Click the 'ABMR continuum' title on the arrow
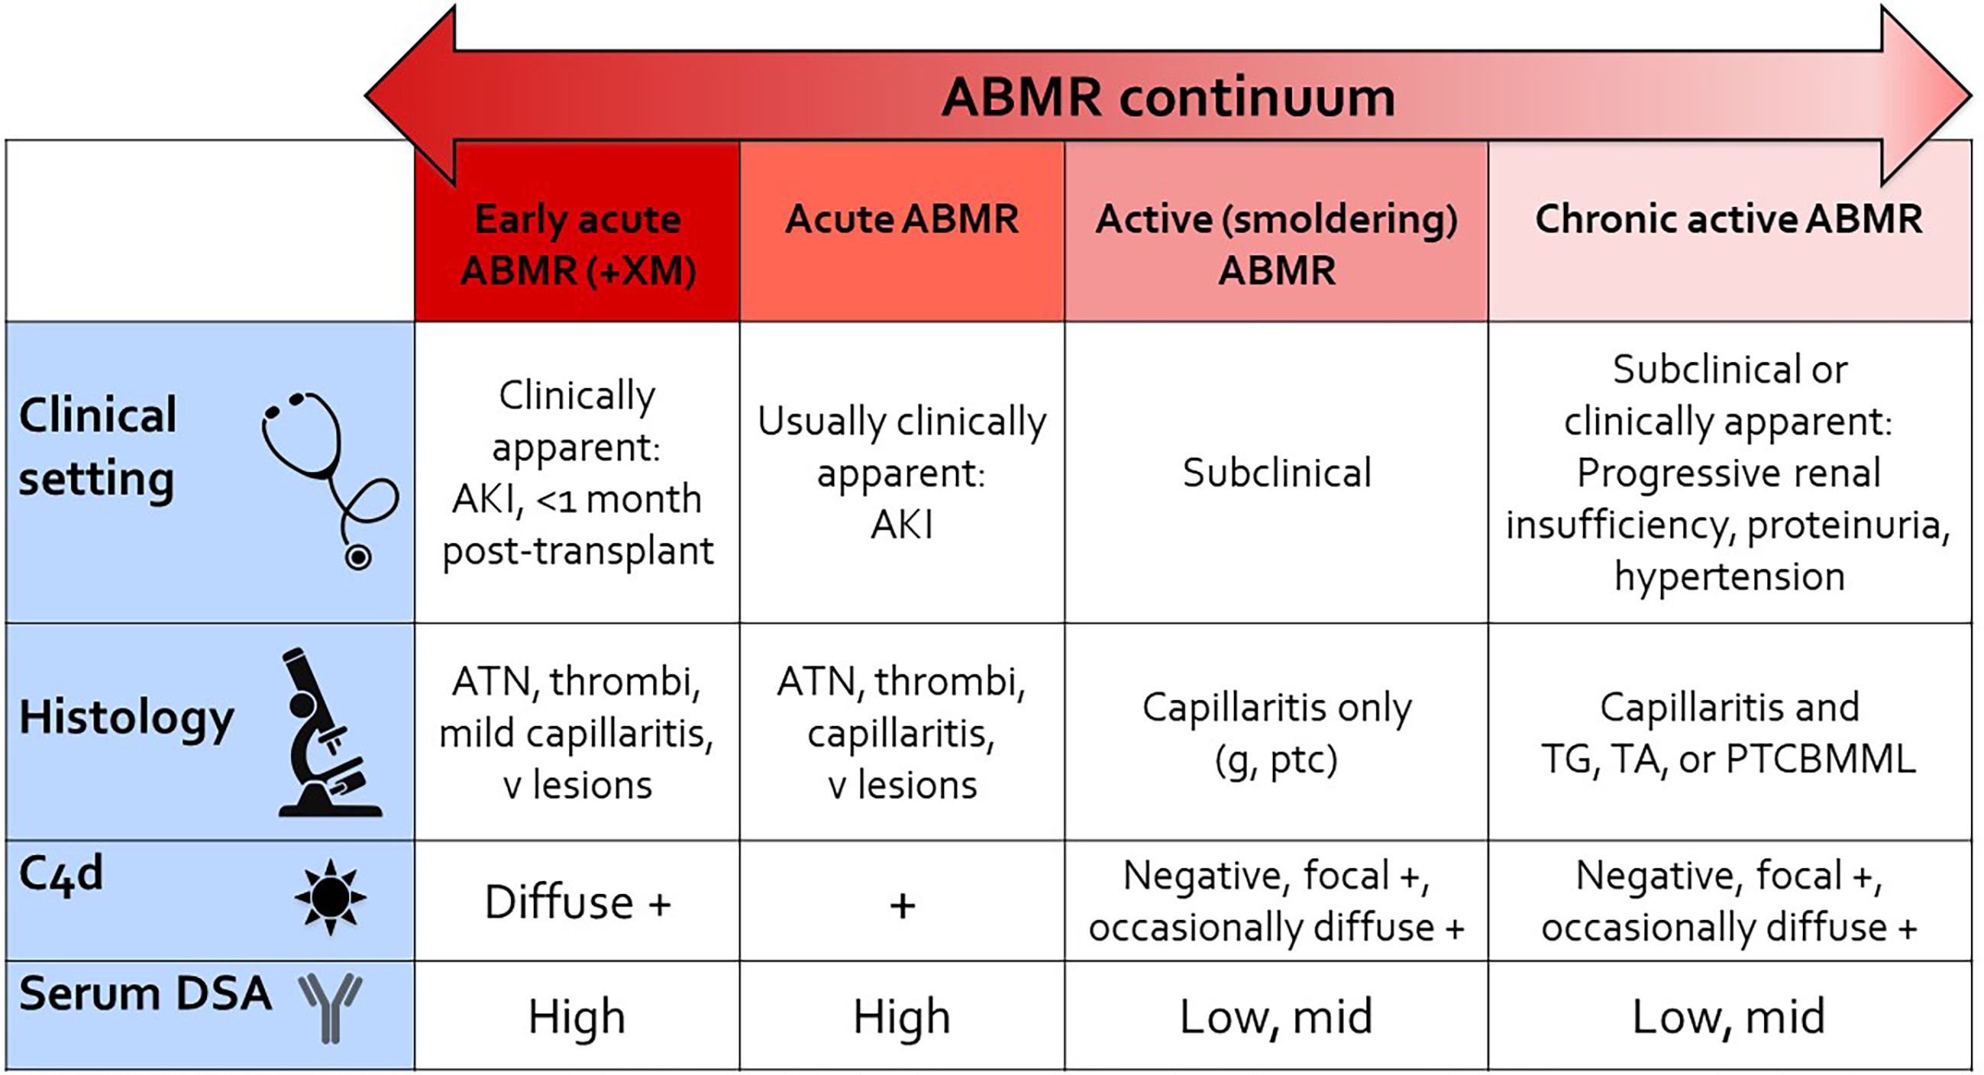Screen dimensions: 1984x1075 point(1168,97)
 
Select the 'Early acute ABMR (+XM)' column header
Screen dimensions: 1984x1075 point(577,244)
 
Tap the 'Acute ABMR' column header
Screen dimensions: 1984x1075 point(902,218)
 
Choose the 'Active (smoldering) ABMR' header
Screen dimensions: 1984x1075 point(1277,244)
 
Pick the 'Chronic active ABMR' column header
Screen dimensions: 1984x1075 point(1729,218)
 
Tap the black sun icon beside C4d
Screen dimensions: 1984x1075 point(331,897)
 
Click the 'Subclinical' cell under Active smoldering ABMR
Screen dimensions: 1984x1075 point(1277,473)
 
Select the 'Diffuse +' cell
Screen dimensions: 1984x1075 point(577,902)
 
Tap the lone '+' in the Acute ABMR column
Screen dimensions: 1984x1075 point(902,906)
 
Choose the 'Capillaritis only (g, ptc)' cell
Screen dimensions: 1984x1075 point(1277,733)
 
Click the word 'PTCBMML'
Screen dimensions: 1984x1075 point(1821,759)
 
